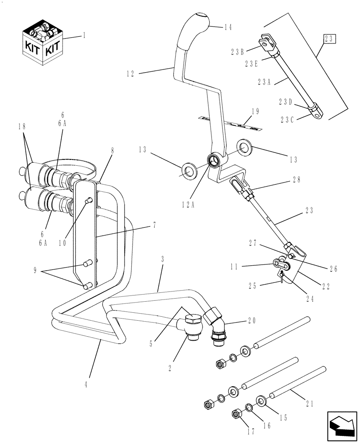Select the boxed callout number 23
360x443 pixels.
(x=329, y=39)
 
